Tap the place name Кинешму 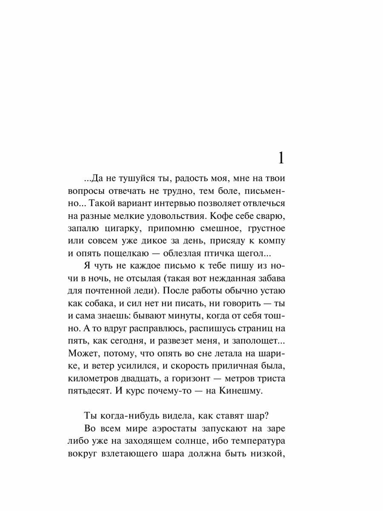click(x=238, y=390)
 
